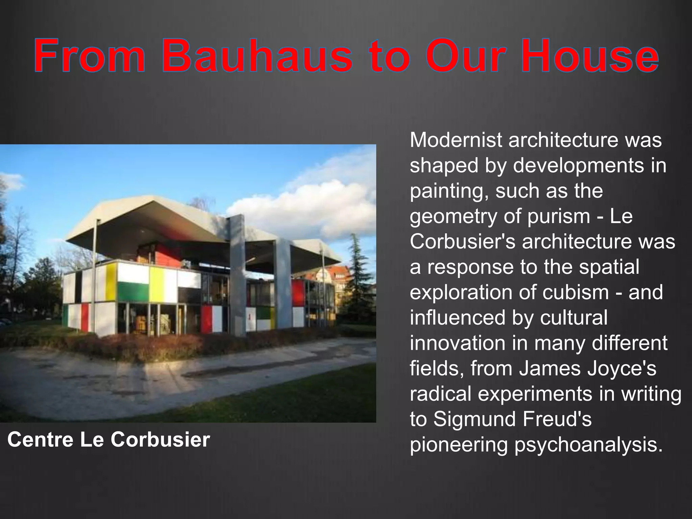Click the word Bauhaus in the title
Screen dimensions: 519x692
click(x=257, y=56)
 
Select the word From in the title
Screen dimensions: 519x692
click(x=90, y=56)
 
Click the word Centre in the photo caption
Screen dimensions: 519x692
click(x=41, y=440)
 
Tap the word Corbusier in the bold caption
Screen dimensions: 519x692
click(x=160, y=440)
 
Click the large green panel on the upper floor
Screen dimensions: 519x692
click(x=133, y=293)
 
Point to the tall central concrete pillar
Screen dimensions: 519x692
click(x=238, y=274)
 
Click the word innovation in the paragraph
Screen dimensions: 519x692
click(x=456, y=343)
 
